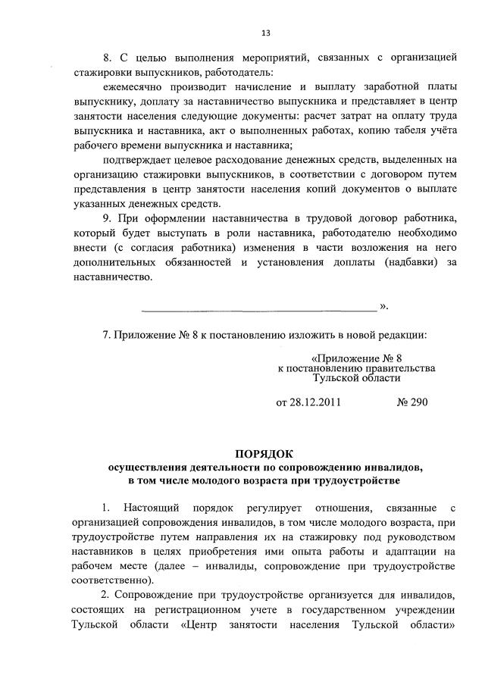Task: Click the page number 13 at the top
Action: (x=265, y=33)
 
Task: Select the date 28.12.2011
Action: (x=308, y=402)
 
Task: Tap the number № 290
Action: (x=412, y=402)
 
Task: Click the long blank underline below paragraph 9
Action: (x=259, y=309)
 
